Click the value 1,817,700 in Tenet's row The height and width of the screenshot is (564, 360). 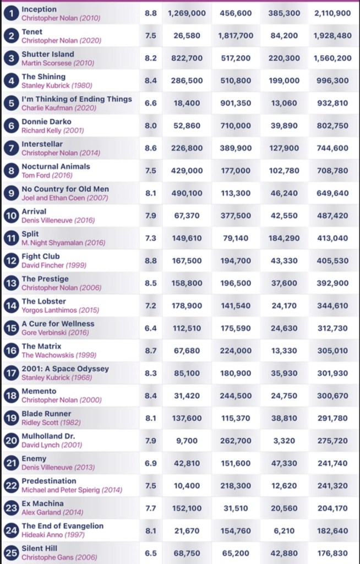tap(236, 36)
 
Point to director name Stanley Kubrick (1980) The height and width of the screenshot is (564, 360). tap(56, 85)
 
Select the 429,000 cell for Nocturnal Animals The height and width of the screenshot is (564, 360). tap(187, 171)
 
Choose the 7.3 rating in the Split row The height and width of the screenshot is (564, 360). tap(150, 238)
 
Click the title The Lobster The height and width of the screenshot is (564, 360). tap(43, 301)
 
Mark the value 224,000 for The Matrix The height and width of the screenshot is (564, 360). tap(236, 351)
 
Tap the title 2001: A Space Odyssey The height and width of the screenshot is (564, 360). tap(65, 368)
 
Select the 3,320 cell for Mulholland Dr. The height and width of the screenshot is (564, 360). tap(284, 441)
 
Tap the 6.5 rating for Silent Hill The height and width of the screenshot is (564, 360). tap(150, 553)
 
